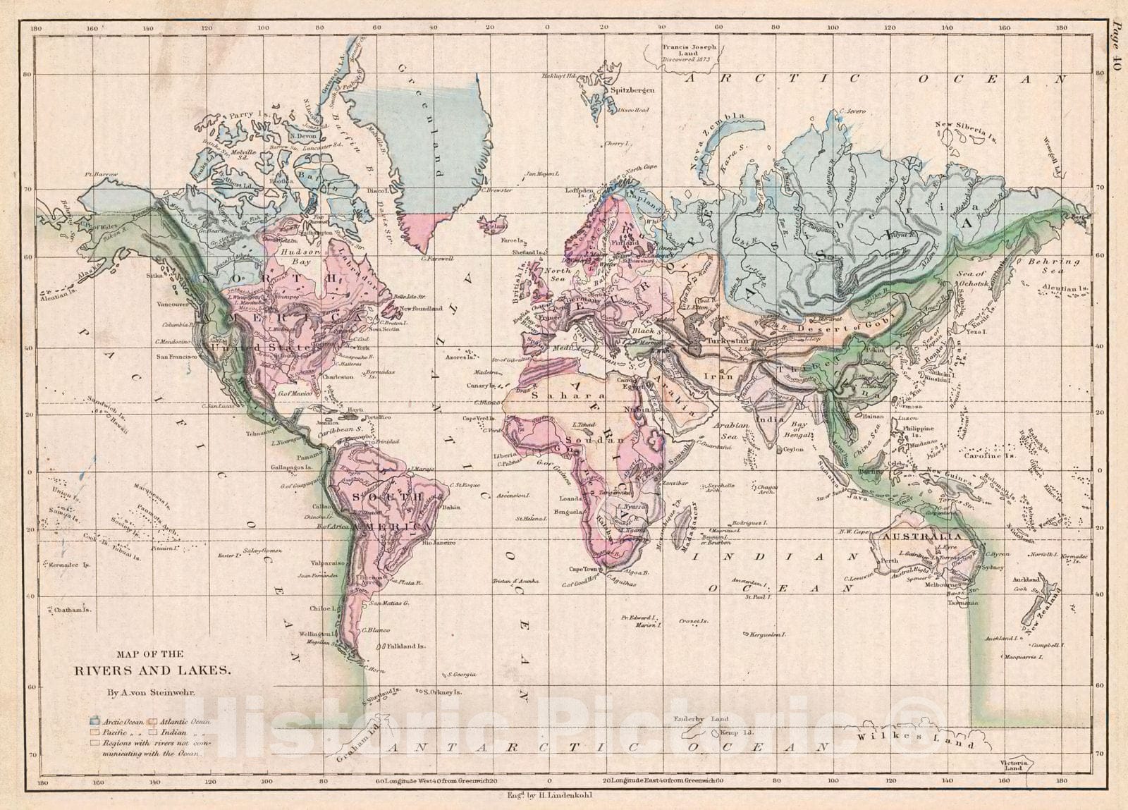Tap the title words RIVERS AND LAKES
point(152,670)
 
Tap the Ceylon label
point(793,448)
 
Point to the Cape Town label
point(584,568)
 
